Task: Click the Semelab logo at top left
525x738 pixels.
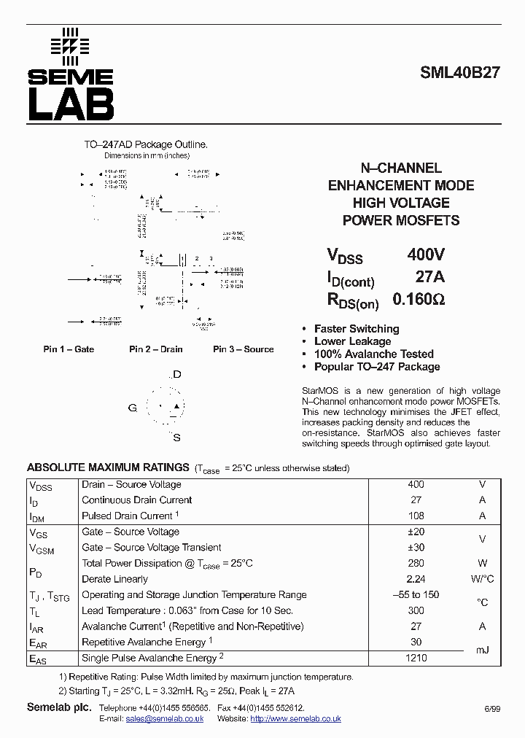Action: [x=71, y=75]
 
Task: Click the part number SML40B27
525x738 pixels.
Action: [x=459, y=73]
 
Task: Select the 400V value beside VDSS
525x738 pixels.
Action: [x=425, y=255]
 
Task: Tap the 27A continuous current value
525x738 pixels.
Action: [x=429, y=277]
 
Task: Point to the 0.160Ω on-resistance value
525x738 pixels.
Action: [x=419, y=299]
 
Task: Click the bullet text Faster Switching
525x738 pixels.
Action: [x=357, y=329]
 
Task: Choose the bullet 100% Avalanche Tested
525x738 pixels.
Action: [x=373, y=354]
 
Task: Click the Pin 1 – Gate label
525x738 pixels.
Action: [x=69, y=349]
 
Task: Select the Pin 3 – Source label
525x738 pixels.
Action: [x=243, y=349]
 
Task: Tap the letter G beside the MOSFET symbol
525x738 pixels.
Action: [x=133, y=408]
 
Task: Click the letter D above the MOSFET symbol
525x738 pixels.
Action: [x=176, y=375]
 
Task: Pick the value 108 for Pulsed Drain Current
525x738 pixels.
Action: [x=416, y=516]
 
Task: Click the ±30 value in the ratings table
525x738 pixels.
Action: [x=416, y=548]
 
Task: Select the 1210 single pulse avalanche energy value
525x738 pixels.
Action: [x=416, y=658]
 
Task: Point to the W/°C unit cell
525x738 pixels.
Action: [x=481, y=579]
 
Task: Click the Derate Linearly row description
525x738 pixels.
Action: [x=114, y=579]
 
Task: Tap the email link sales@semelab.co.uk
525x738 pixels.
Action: [x=164, y=718]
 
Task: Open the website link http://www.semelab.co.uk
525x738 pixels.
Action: [x=295, y=718]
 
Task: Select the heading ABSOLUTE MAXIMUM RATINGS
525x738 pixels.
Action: [x=108, y=467]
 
